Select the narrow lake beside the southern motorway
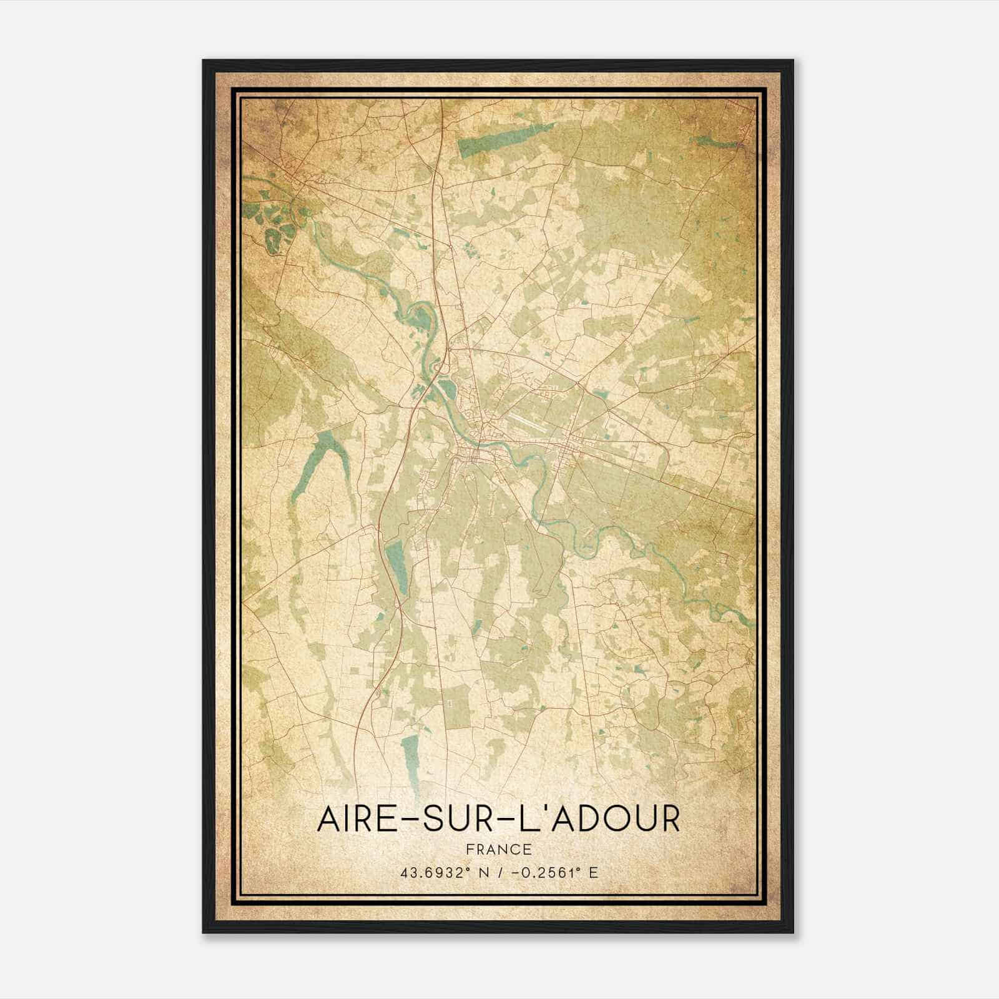395,565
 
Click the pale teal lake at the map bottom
410,759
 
